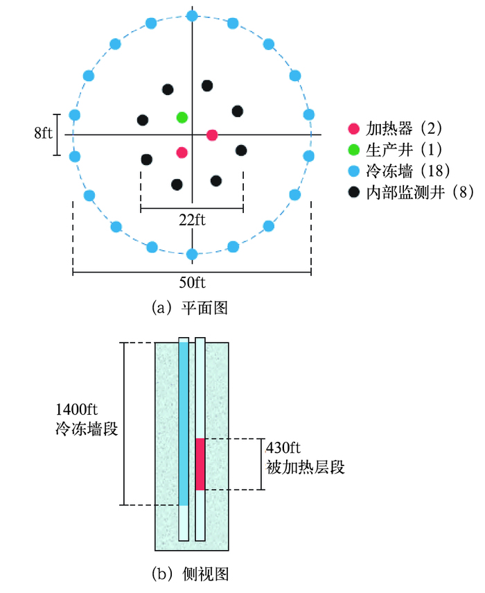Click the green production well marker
click(182, 117)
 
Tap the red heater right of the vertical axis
click(213, 135)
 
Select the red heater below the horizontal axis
click(182, 152)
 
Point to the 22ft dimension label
click(192, 221)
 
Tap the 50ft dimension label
click(192, 284)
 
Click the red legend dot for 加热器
click(353, 128)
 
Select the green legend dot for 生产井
click(353, 149)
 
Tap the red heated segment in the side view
click(200, 464)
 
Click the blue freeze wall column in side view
click(184, 423)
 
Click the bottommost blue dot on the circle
click(193, 255)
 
